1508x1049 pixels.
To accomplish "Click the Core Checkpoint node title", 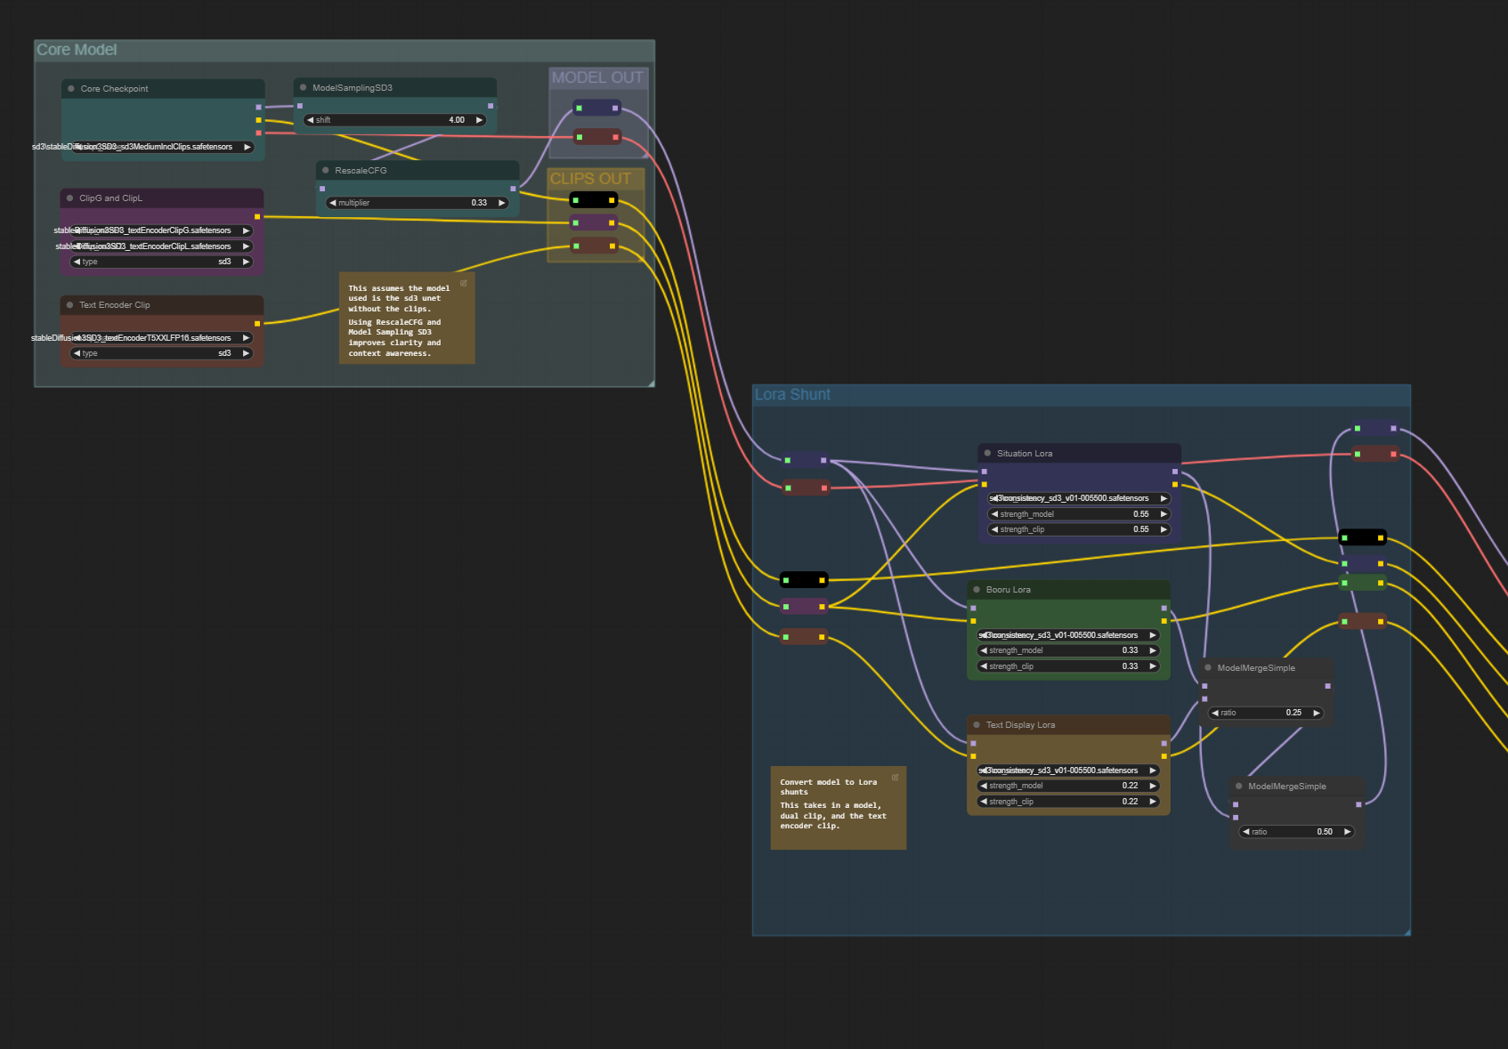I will (x=114, y=89).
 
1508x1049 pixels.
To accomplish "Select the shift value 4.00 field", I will (x=394, y=120).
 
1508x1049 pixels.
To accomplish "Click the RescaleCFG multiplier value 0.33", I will (x=417, y=203).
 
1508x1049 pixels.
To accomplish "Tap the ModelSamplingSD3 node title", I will (x=352, y=88).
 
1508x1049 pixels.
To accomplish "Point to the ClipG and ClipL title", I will (x=110, y=198).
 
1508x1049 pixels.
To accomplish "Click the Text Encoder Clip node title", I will (x=114, y=305).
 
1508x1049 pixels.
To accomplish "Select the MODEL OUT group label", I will (x=596, y=78).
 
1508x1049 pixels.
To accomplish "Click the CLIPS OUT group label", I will (x=590, y=179).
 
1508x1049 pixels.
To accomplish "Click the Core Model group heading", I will (x=77, y=51).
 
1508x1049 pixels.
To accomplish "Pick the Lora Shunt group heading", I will (x=792, y=395).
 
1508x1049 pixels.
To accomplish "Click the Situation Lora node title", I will (x=1024, y=454).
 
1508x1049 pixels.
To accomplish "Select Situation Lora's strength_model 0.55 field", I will (x=1078, y=514).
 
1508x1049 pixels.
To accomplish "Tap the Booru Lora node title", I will (x=1008, y=590).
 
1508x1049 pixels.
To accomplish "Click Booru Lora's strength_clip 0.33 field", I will (x=1067, y=666).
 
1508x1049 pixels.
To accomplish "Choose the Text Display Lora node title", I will (x=1020, y=725).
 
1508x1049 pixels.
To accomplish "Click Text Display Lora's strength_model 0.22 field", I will (x=1067, y=786).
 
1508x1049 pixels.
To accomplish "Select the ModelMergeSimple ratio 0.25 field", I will (x=1265, y=713).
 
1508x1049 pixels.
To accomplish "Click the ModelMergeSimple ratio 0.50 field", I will (x=1296, y=832).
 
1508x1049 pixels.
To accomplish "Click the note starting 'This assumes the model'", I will (x=406, y=319).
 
